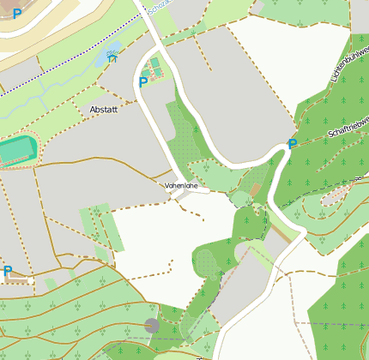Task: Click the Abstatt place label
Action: pyautogui.click(x=102, y=110)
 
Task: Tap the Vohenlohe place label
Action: pyautogui.click(x=179, y=184)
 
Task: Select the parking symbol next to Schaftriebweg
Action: pyautogui.click(x=293, y=144)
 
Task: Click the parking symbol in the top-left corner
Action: pyautogui.click(x=16, y=15)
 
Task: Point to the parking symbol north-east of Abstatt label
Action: pyautogui.click(x=142, y=82)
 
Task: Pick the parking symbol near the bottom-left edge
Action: pyautogui.click(x=8, y=272)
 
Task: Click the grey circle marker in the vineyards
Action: pyautogui.click(x=152, y=325)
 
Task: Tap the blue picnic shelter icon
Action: pyautogui.click(x=112, y=61)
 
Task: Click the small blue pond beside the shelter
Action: pyautogui.click(x=105, y=57)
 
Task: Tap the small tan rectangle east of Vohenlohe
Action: pyautogui.click(x=255, y=188)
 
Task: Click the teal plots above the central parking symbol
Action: pyautogui.click(x=154, y=65)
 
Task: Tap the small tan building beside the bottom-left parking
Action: pyautogui.click(x=31, y=280)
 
